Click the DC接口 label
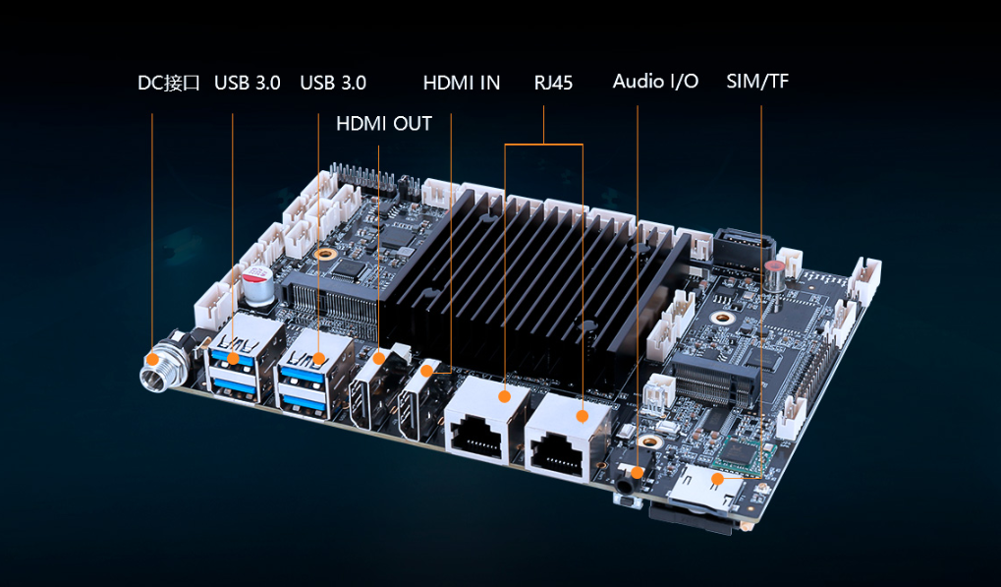[169, 83]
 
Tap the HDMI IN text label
[462, 83]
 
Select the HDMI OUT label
[384, 123]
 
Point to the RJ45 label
[553, 83]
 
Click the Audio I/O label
[655, 82]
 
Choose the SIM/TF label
[757, 82]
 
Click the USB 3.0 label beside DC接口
[248, 83]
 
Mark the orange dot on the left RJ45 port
[504, 396]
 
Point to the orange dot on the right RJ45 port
[583, 417]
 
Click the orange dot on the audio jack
[638, 473]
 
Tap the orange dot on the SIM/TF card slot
[717, 479]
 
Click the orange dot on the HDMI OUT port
[379, 358]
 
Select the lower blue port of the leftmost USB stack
[234, 385]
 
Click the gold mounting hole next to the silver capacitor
[325, 255]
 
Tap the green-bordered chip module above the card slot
[744, 453]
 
